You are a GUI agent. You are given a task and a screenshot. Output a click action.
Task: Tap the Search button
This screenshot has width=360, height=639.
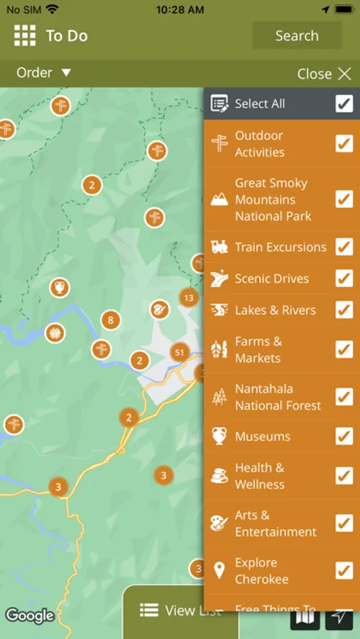point(297,35)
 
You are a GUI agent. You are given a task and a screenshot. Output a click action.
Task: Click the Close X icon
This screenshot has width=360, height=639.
point(344,74)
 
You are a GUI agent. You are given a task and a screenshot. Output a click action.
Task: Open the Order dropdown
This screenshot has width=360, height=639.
point(44,72)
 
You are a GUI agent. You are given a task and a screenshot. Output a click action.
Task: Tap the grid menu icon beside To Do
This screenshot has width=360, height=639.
point(25,35)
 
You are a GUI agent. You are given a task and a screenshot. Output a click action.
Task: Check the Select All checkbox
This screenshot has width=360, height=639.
point(344,104)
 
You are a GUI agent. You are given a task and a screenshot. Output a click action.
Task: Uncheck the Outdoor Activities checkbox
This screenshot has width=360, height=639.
point(344,143)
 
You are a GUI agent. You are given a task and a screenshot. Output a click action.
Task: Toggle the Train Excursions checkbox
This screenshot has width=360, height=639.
point(344,247)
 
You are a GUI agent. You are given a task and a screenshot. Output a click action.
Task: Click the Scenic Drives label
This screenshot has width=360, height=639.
point(272,278)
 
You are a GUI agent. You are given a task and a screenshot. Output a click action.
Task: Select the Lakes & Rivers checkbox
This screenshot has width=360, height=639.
point(344,310)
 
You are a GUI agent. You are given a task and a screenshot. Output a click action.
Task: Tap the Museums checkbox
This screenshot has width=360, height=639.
point(344,437)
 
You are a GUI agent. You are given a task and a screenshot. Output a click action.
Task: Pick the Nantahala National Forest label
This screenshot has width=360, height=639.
point(278,397)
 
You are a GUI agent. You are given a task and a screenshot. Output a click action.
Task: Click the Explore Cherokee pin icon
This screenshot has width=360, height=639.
point(219,570)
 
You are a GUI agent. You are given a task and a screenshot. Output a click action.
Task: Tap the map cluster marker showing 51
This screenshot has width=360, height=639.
point(179,352)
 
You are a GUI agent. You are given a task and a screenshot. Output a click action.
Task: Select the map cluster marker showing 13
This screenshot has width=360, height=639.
point(188,297)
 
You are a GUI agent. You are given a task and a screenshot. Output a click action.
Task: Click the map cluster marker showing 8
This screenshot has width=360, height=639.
point(110,319)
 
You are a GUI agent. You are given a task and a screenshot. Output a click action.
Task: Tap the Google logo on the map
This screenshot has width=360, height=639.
point(30,615)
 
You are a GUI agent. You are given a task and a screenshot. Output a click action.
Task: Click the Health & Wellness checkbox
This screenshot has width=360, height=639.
point(344,476)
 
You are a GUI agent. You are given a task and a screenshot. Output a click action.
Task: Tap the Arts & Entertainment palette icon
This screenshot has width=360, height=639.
point(219,523)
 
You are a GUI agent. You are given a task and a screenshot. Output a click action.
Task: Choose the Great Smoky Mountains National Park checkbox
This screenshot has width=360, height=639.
point(344,199)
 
